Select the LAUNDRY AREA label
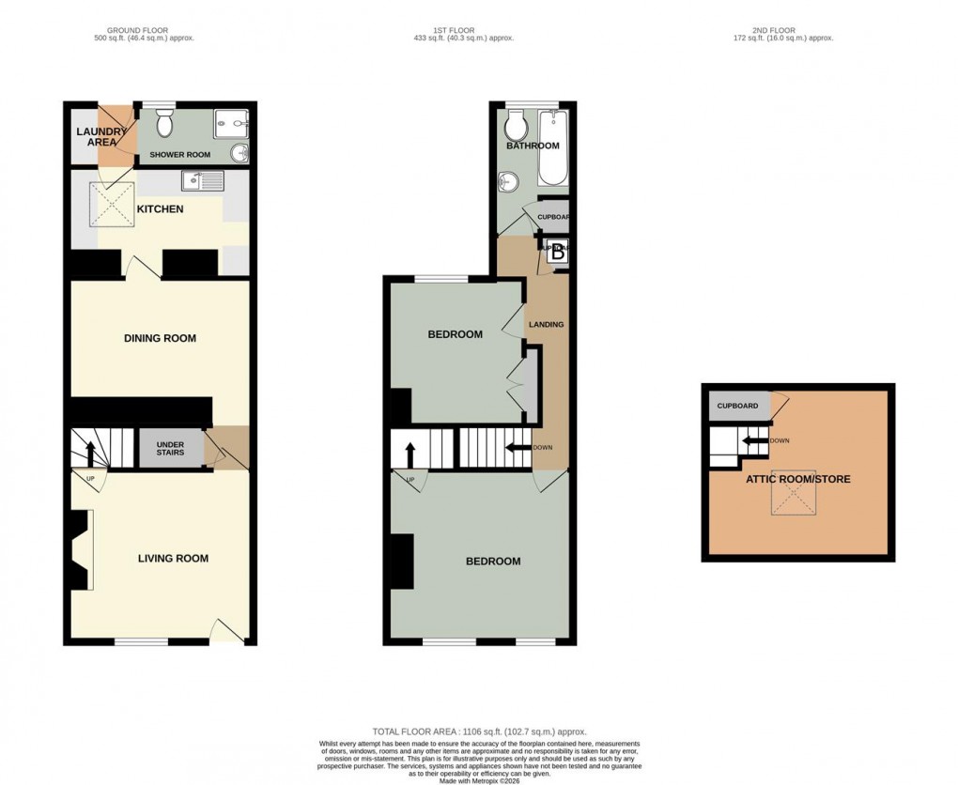pos(96,137)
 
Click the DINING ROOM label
pos(160,338)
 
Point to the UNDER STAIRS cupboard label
pos(170,447)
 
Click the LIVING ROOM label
pos(173,559)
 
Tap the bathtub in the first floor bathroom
pos(552,148)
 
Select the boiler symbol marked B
pos(557,252)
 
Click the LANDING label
pos(546,325)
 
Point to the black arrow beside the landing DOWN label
pos(517,448)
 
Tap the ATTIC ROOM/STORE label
pos(797,479)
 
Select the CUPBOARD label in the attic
pos(737,406)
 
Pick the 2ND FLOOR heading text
pos(783,28)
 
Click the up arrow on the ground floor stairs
pos(90,453)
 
